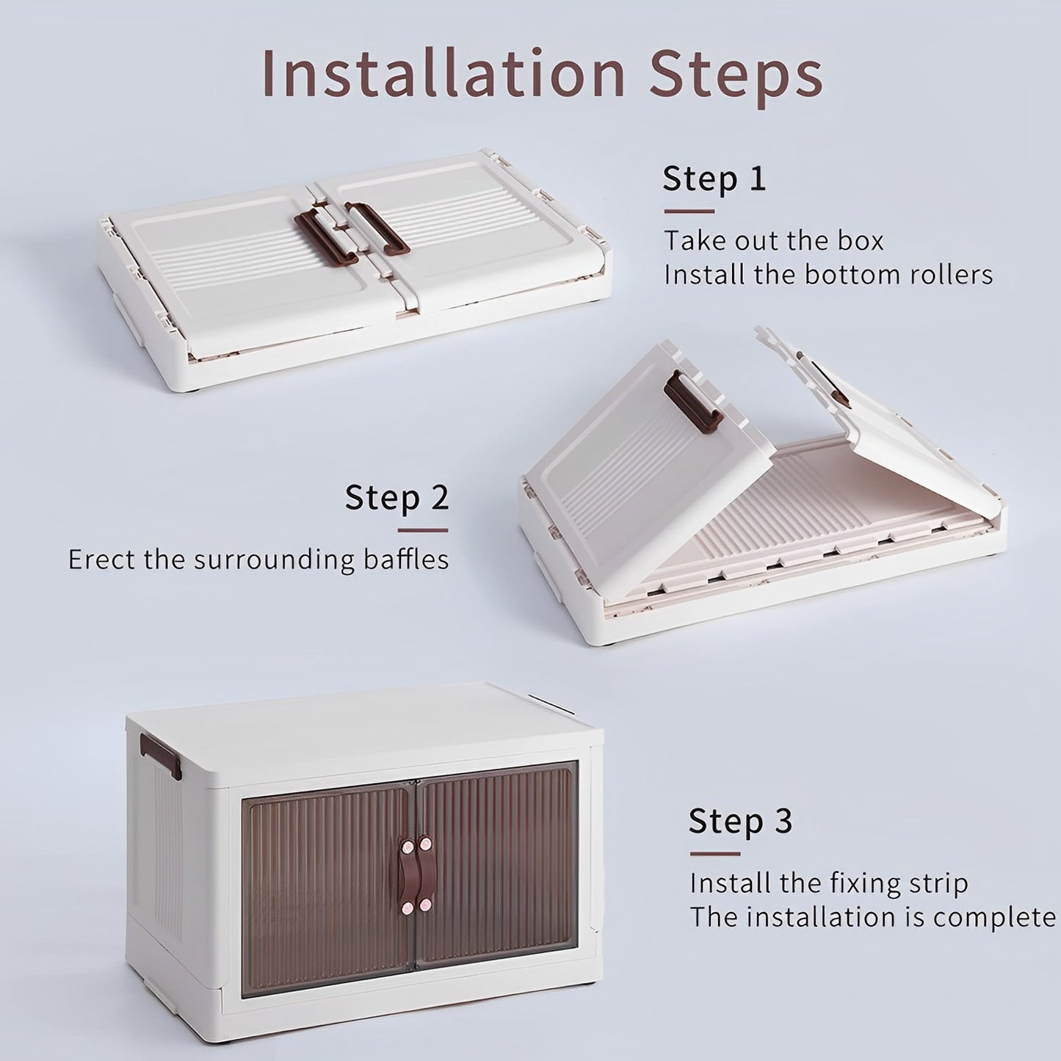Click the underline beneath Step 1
click(x=689, y=211)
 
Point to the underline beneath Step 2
click(x=422, y=531)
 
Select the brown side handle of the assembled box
click(x=161, y=756)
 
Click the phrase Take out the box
click(x=773, y=241)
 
